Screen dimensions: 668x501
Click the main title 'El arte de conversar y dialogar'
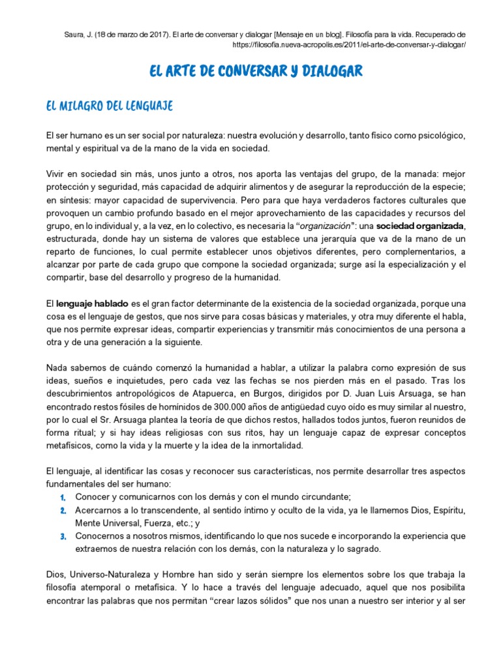coord(256,71)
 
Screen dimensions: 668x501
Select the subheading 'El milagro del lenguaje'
coord(109,105)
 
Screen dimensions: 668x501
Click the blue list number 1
coord(63,497)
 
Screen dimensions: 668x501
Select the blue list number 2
coord(63,510)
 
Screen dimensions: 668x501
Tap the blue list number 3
coord(63,536)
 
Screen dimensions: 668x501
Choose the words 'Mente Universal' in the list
coord(106,523)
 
